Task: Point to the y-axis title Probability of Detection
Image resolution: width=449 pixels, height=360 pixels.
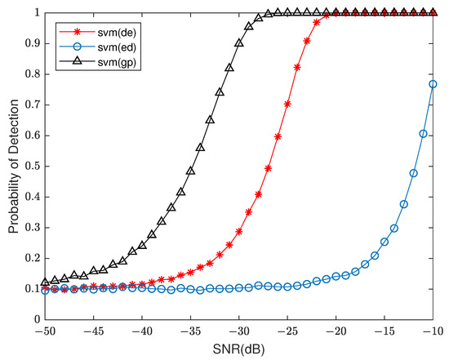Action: (14, 168)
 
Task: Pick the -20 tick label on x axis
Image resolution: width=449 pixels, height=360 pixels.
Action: (336, 332)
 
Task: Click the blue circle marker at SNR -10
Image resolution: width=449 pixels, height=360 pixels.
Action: (433, 84)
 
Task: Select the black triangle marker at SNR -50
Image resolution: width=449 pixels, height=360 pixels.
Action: (46, 283)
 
